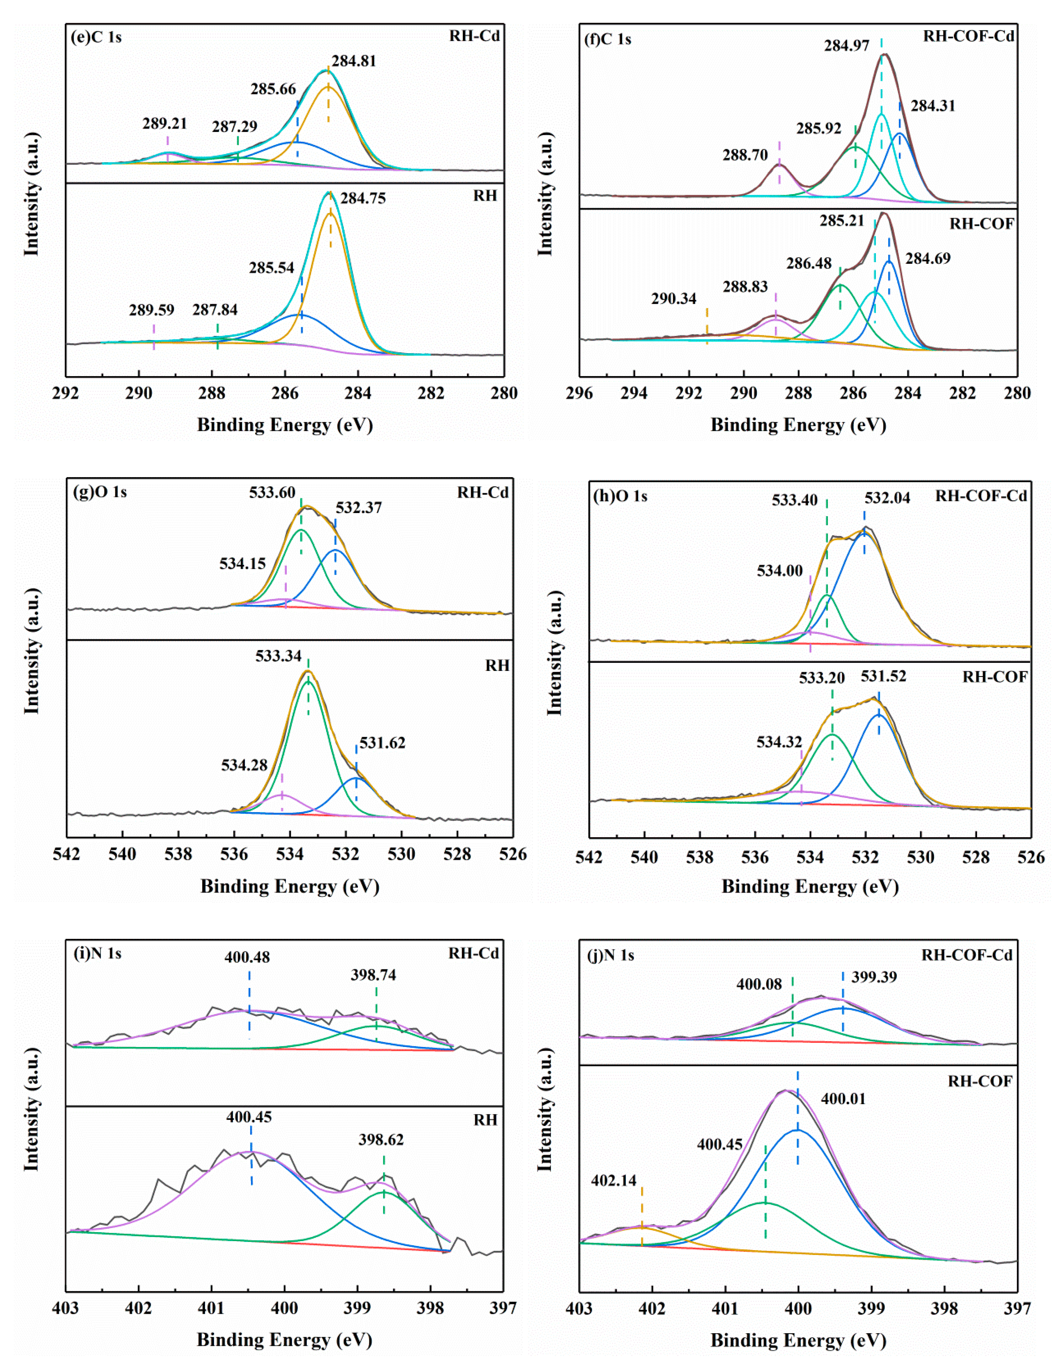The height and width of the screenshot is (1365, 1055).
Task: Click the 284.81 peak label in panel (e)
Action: click(354, 61)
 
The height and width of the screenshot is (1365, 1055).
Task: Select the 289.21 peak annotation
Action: click(164, 124)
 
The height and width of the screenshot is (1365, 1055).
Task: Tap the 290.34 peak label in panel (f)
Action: click(674, 299)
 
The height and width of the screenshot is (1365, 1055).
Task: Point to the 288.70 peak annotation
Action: click(745, 155)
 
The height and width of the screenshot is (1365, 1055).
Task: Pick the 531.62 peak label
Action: click(382, 743)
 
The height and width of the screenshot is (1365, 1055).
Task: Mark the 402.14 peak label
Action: click(614, 1180)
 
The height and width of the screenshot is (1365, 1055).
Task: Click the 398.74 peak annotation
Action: click(373, 975)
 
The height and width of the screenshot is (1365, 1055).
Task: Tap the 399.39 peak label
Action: click(874, 977)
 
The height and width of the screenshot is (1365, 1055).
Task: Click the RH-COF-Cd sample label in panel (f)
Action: click(968, 36)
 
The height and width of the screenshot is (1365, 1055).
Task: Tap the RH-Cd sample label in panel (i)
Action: click(473, 954)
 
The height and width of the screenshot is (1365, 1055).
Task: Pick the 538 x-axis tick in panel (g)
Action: click(178, 854)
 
